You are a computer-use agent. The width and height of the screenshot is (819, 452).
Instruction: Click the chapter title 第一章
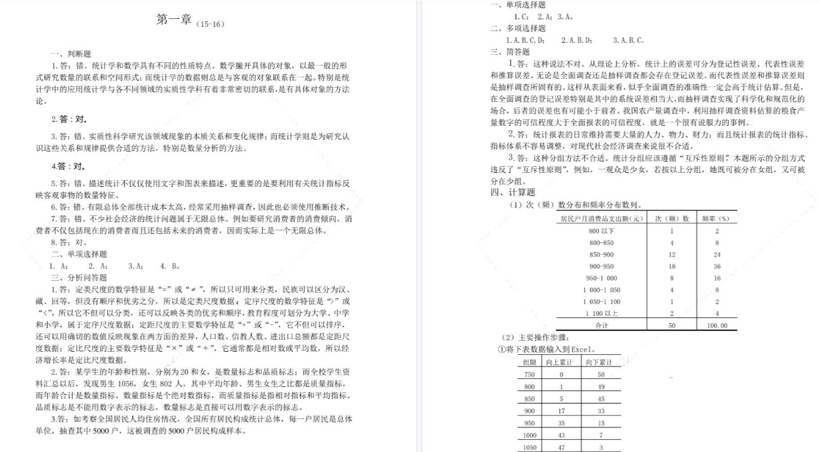pos(174,20)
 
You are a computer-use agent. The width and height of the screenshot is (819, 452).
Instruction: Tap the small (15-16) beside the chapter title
pos(210,24)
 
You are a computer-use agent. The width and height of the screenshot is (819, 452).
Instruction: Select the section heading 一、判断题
pos(71,54)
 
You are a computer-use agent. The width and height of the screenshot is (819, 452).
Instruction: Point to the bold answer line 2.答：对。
pos(69,119)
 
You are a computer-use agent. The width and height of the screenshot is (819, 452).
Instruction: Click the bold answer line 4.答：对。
pos(68,166)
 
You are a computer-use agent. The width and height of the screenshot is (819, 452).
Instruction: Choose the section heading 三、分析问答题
pos(79,278)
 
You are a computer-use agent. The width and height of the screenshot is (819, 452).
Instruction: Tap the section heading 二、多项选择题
pos(518,28)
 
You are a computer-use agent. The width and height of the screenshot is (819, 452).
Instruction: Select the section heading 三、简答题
pos(510,52)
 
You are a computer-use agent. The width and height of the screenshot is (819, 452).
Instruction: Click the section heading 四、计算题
pos(513,192)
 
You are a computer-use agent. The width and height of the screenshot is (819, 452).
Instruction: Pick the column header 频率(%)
pos(716,218)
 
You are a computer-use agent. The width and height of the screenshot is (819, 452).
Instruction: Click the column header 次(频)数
pos(672,218)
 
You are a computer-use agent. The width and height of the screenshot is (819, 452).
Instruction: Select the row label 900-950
pos(601,266)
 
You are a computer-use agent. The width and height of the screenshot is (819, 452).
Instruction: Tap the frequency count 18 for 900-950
pos(672,266)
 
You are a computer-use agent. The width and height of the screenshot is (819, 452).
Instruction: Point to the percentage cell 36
pos(717,266)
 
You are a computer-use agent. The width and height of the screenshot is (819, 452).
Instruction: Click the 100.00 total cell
pos(717,325)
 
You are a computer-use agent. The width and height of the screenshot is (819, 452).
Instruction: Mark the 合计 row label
pos(602,325)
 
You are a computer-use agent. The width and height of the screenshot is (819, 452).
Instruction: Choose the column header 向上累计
pos(559,362)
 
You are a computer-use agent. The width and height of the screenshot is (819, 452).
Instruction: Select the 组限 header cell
pos(529,362)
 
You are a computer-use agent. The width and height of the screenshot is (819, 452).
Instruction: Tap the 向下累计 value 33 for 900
pos(601,411)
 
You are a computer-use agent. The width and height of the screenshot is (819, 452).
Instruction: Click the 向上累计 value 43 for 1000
pos(561,435)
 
